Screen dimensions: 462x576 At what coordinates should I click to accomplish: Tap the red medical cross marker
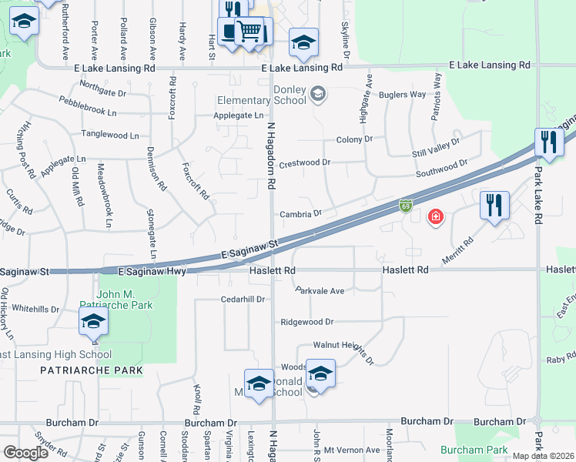click(436, 216)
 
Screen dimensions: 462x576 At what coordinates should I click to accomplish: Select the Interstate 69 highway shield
click(405, 206)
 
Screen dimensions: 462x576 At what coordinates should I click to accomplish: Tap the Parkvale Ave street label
click(320, 290)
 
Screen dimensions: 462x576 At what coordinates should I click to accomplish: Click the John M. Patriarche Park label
click(116, 300)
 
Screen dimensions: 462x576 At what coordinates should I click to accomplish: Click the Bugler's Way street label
click(402, 95)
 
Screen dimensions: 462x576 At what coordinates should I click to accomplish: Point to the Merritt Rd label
click(458, 252)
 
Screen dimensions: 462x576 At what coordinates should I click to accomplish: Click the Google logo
click(25, 453)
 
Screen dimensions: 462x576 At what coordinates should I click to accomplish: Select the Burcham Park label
click(474, 450)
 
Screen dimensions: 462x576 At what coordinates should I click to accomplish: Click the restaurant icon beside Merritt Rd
click(493, 206)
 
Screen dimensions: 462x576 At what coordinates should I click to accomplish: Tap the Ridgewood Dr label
click(306, 322)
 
